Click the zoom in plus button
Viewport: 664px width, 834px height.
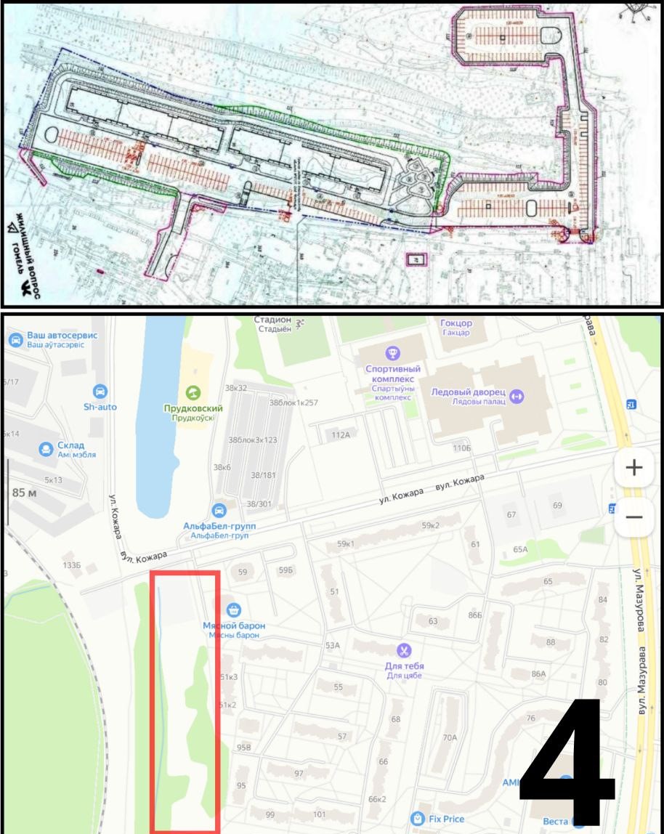pos(634,467)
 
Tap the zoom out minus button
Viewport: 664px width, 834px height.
pos(634,517)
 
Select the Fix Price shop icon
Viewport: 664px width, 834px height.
pos(417,819)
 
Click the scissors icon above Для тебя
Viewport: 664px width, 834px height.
pos(404,650)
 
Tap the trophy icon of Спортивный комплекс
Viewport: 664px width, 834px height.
pos(393,354)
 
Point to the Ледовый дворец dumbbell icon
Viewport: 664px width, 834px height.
pos(517,396)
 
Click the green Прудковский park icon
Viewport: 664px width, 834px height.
pos(193,392)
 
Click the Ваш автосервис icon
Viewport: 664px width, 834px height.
pos(15,339)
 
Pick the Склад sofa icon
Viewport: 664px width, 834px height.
pos(47,449)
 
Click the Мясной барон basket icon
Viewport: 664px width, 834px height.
pos(233,609)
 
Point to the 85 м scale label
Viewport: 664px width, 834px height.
pos(25,492)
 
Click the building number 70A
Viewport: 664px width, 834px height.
pos(450,737)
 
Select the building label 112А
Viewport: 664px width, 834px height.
pos(341,435)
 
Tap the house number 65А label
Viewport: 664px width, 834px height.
pos(520,549)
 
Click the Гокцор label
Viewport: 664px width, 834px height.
pos(456,323)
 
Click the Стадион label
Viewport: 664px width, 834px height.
pos(272,320)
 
